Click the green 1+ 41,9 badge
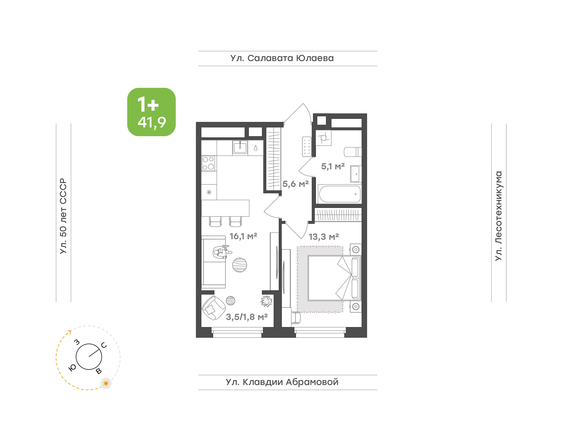tap(151, 112)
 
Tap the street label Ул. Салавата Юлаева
tap(282, 58)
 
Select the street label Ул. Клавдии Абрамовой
tap(282, 382)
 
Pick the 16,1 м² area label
tap(243, 236)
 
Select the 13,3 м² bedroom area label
tap(324, 237)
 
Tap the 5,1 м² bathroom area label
tap(333, 166)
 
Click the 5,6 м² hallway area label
tap(296, 184)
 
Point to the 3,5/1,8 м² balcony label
tap(247, 317)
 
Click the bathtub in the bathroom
tap(340, 194)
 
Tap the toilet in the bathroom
tap(353, 152)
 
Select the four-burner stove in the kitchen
tap(208, 163)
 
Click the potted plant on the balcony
tap(266, 301)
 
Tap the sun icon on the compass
tap(106, 383)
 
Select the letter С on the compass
tap(104, 345)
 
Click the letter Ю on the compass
tap(72, 368)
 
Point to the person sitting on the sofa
tap(221, 252)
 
